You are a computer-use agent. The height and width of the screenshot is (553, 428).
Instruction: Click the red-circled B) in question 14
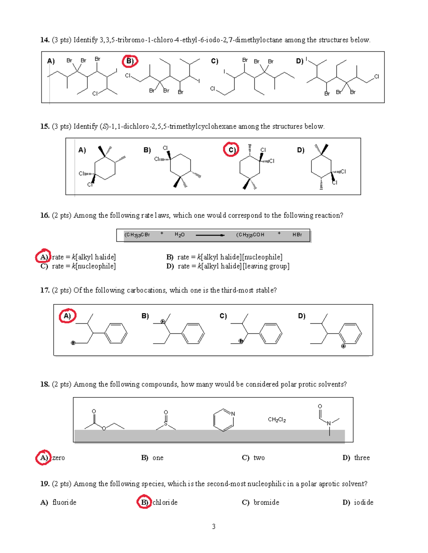click(x=130, y=61)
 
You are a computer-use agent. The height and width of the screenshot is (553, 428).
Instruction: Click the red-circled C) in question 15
click(x=231, y=150)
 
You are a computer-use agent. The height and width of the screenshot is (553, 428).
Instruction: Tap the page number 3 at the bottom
click(x=214, y=526)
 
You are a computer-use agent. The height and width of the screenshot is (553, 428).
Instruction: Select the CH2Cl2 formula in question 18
click(x=277, y=419)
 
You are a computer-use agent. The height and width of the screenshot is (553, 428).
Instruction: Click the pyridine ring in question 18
click(x=224, y=420)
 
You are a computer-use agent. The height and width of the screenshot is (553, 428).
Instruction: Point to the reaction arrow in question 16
click(x=210, y=235)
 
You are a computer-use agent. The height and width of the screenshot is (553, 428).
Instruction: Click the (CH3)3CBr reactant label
click(x=137, y=235)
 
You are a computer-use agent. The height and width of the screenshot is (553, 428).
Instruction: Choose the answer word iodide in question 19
click(x=363, y=502)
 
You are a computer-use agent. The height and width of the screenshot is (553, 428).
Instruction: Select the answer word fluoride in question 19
click(x=64, y=502)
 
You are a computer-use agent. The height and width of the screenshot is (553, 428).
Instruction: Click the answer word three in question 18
click(x=362, y=458)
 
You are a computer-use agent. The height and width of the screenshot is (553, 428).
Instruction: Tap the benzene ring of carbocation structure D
click(x=350, y=333)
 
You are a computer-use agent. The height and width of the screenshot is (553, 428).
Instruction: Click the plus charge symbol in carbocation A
click(x=73, y=343)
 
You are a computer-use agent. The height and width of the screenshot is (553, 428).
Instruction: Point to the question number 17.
click(x=45, y=290)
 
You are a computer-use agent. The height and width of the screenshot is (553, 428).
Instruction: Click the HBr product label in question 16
click(x=297, y=235)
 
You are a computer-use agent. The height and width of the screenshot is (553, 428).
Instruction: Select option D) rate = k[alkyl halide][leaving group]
click(x=228, y=266)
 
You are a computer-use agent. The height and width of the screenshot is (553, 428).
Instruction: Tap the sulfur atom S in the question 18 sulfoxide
click(x=165, y=424)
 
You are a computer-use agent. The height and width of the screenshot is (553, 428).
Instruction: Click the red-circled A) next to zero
click(x=43, y=458)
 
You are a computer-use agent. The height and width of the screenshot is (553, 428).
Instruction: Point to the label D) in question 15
click(x=301, y=150)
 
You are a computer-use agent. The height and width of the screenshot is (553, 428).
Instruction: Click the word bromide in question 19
click(x=266, y=502)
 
